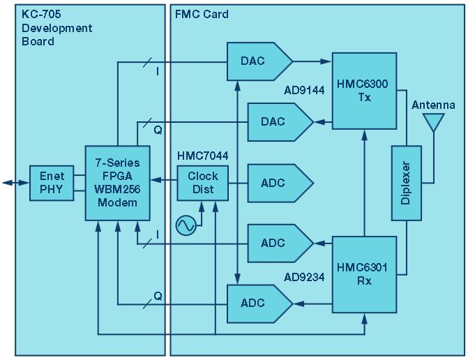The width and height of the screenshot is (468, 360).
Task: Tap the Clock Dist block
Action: coord(202,182)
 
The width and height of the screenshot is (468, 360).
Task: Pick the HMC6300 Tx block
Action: coord(361,91)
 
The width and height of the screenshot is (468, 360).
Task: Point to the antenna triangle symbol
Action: coord(434,123)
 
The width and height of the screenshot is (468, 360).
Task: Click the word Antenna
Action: coord(434,105)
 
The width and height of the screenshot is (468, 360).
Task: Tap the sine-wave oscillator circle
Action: coord(186,225)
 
